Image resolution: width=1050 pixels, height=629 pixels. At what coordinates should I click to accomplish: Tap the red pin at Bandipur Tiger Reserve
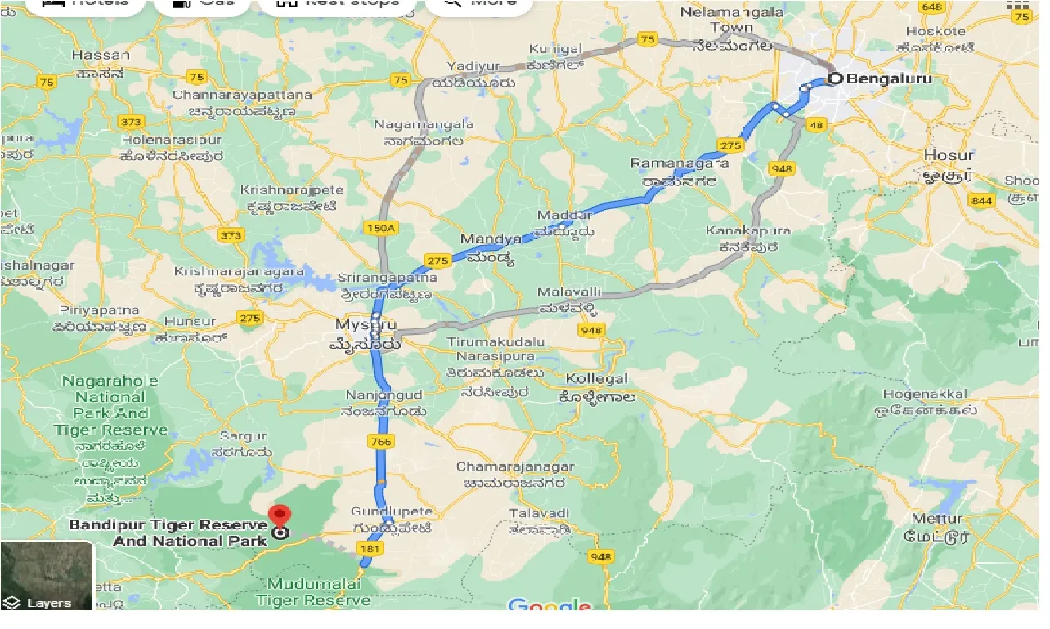280,517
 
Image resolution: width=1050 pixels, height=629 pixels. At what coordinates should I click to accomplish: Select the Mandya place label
491,239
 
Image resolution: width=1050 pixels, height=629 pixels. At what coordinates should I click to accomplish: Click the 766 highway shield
381,441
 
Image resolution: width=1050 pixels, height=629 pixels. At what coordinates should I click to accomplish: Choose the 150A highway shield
380,229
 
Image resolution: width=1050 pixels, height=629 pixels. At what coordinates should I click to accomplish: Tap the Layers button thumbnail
47,577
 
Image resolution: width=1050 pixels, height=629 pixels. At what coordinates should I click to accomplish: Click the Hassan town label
101,56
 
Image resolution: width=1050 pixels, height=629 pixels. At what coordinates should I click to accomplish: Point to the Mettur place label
936,519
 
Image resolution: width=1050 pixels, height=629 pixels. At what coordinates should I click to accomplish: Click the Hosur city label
949,155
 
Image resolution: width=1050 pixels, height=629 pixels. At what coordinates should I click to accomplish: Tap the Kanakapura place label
748,231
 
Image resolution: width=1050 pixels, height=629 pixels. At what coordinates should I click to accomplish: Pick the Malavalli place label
569,292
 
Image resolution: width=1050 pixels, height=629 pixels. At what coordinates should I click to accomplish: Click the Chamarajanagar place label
515,467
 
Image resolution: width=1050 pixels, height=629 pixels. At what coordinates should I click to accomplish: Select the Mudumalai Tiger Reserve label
313,592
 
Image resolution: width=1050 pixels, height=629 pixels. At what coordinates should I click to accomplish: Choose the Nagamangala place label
423,125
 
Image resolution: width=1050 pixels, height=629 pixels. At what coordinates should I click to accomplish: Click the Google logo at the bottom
550,606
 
